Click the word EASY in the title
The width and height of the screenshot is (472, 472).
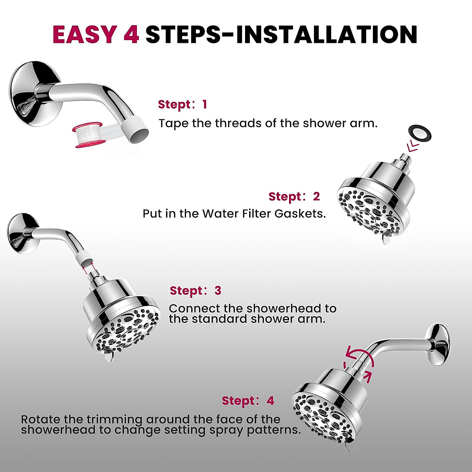(x=85, y=35)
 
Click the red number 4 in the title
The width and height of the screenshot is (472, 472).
(x=131, y=35)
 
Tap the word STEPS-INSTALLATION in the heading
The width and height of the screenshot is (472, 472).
(x=281, y=35)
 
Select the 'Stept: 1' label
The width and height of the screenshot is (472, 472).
(x=182, y=105)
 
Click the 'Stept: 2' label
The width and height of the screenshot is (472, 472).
(x=294, y=196)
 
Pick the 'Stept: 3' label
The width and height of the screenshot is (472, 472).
(x=195, y=291)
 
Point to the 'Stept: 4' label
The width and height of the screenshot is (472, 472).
(x=248, y=401)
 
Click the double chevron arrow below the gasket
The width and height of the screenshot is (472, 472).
(x=413, y=147)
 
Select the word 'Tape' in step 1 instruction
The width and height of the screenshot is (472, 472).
(x=173, y=124)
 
